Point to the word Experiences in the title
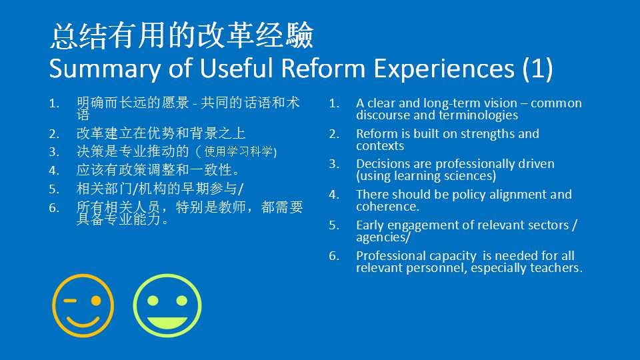pyautogui.click(x=444, y=69)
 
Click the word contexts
pyautogui.click(x=380, y=146)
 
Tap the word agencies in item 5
pyautogui.click(x=381, y=237)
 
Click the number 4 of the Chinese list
pyautogui.click(x=54, y=170)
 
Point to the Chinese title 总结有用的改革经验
pyautogui.click(x=182, y=36)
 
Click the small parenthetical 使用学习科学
pyautogui.click(x=239, y=152)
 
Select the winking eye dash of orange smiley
pyautogui.click(x=70, y=301)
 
